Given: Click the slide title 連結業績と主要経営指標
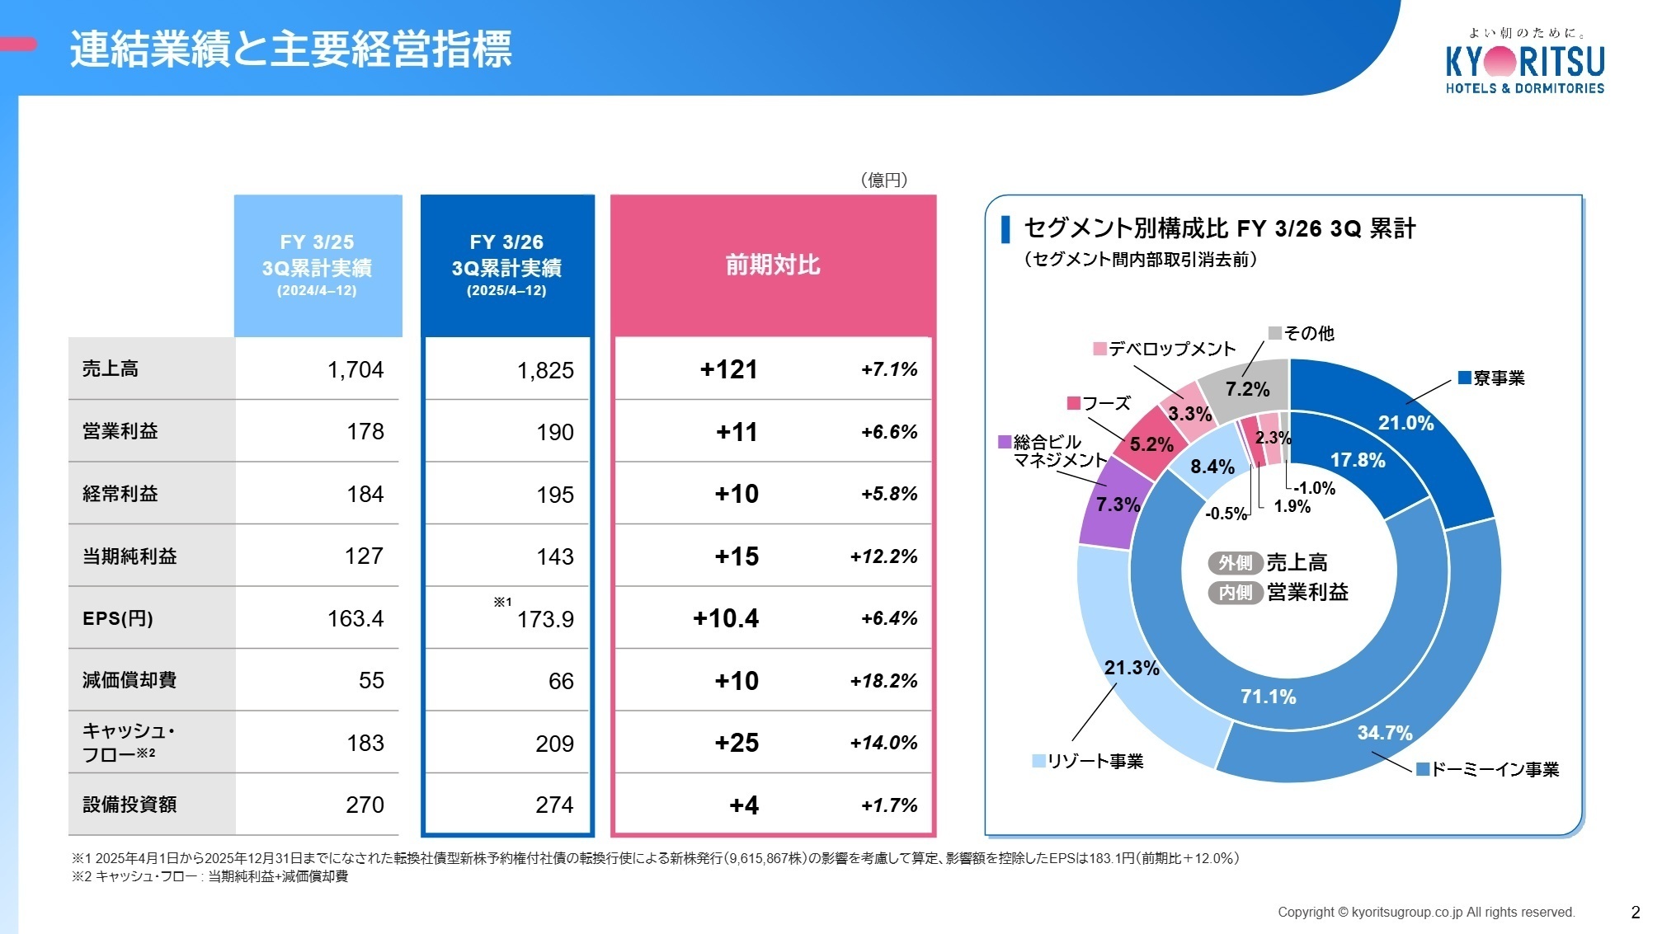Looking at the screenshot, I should pyautogui.click(x=290, y=49).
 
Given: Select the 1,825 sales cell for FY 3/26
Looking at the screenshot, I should pyautogui.click(x=545, y=371).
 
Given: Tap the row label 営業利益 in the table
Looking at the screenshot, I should pyautogui.click(x=120, y=431).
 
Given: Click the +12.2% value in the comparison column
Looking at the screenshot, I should pyautogui.click(x=883, y=556).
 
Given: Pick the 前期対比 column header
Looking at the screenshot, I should pyautogui.click(x=772, y=265).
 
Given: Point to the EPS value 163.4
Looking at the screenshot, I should pyautogui.click(x=355, y=618).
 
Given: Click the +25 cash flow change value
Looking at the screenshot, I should pyautogui.click(x=737, y=743).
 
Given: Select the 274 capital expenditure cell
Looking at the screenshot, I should pyautogui.click(x=554, y=805).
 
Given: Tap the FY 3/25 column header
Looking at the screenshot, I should pyautogui.click(x=318, y=265).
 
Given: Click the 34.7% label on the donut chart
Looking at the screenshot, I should pyautogui.click(x=1385, y=733).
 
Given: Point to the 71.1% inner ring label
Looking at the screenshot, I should pyautogui.click(x=1268, y=697).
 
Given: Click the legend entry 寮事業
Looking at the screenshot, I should pyautogui.click(x=1491, y=378).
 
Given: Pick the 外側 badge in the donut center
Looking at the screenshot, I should pyautogui.click(x=1235, y=562).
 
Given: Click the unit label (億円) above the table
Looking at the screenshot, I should pyautogui.click(x=883, y=180).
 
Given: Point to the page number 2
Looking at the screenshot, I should pyautogui.click(x=1635, y=912).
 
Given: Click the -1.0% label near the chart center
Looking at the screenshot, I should pyautogui.click(x=1314, y=488).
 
